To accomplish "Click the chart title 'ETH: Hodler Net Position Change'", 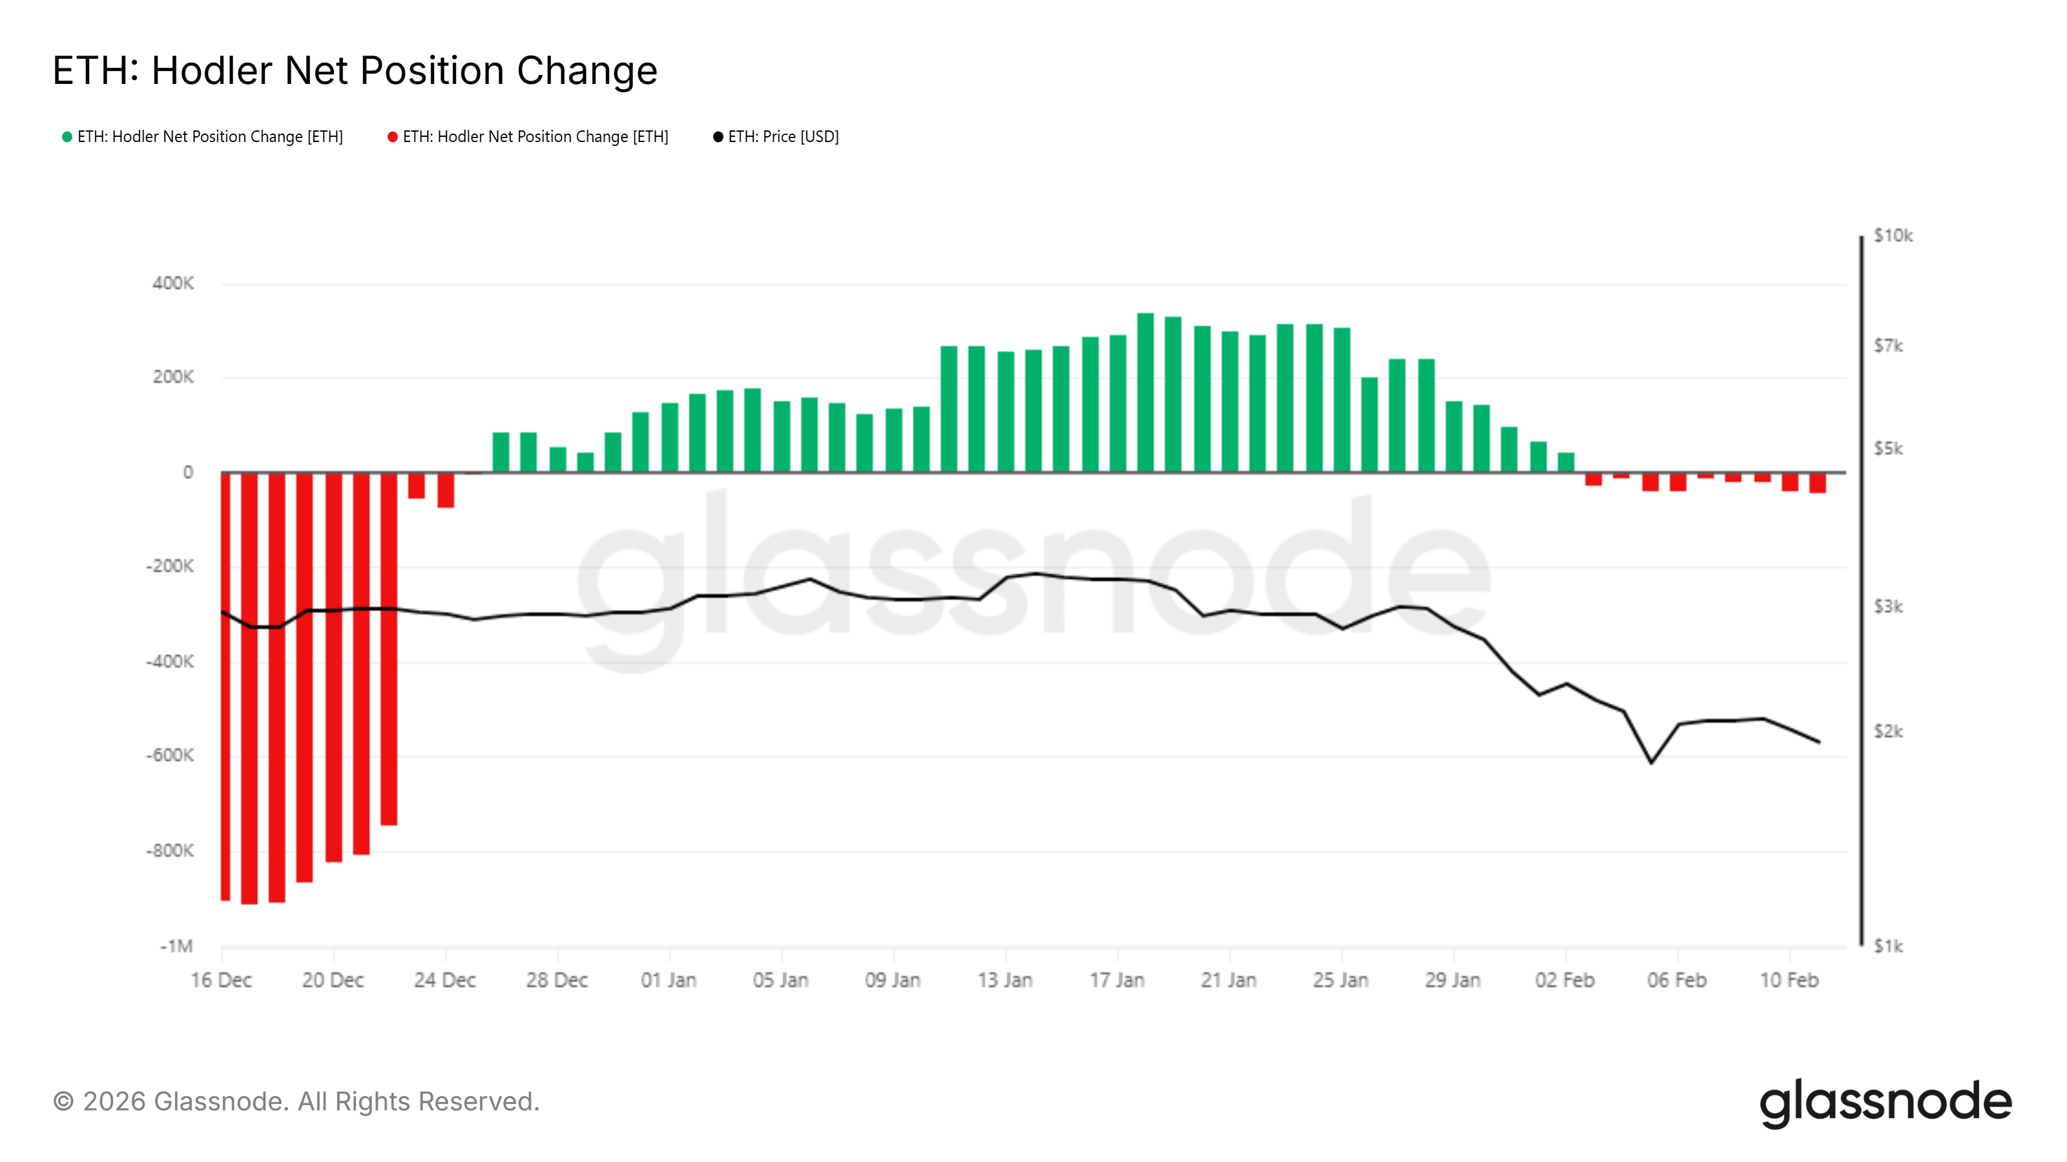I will pyautogui.click(x=355, y=70).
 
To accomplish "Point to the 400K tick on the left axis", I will pyautogui.click(x=172, y=283).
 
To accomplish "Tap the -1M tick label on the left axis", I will pyautogui.click(x=176, y=946).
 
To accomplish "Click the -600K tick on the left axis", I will pyautogui.click(x=169, y=755).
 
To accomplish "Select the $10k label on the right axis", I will pyautogui.click(x=1893, y=236).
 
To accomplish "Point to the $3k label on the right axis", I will pyautogui.click(x=1888, y=607).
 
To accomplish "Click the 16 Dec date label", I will pyautogui.click(x=221, y=980).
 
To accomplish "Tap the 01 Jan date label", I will pyautogui.click(x=669, y=980).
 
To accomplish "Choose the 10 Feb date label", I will pyautogui.click(x=1789, y=980).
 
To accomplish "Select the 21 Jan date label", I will pyautogui.click(x=1229, y=980).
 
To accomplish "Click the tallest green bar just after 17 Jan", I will pyautogui.click(x=1145, y=393).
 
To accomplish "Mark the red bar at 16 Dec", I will pyautogui.click(x=225, y=686).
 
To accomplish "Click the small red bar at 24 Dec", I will pyautogui.click(x=445, y=490).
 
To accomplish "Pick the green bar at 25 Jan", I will pyautogui.click(x=1342, y=400).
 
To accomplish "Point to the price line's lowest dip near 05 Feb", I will pyautogui.click(x=1652, y=762).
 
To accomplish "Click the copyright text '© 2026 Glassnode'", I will pyautogui.click(x=296, y=1102).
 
